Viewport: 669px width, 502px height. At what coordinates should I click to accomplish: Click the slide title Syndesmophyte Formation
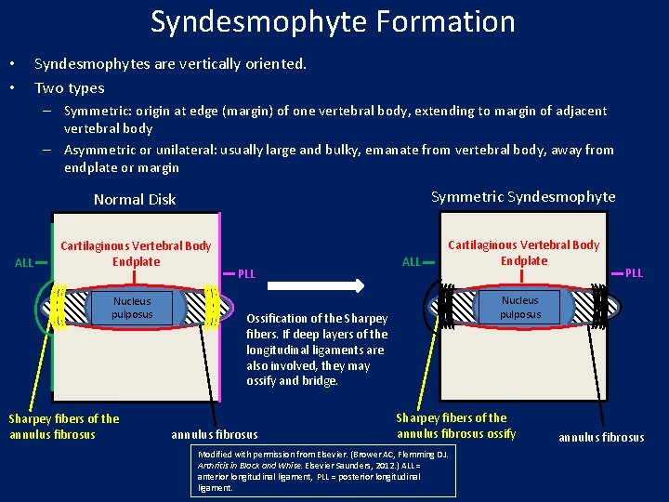tap(333, 21)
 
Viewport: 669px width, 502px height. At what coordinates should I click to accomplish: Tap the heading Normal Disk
tap(135, 199)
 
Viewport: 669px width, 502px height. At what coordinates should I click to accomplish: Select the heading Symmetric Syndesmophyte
tap(523, 196)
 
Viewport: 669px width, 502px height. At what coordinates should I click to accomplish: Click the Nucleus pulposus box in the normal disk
tap(132, 308)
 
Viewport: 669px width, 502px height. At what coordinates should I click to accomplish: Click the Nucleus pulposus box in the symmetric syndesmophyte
tap(520, 307)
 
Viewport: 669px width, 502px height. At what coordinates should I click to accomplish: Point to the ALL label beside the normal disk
tap(25, 263)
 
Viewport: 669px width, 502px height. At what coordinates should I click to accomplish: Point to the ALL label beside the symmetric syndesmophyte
tap(412, 262)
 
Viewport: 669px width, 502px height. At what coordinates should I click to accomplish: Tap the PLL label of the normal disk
tap(246, 274)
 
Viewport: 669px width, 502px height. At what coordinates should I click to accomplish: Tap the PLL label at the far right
tap(634, 273)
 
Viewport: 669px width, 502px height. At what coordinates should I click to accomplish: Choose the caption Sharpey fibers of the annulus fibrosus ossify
tap(455, 426)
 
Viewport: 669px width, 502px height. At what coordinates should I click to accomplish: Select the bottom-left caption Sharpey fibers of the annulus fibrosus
tap(64, 426)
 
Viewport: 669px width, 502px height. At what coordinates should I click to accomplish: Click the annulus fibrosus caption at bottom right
tap(600, 437)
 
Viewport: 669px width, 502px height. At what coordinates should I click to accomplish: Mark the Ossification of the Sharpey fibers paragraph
tap(317, 350)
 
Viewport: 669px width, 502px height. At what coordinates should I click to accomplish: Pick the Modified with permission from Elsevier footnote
tap(325, 469)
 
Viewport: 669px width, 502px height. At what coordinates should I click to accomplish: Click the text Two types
tap(70, 88)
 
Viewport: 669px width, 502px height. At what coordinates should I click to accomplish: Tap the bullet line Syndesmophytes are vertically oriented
tap(170, 64)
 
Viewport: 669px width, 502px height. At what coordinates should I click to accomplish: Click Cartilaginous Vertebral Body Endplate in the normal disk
tap(136, 254)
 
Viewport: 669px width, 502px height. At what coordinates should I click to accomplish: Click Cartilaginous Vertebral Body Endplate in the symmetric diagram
tap(524, 253)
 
